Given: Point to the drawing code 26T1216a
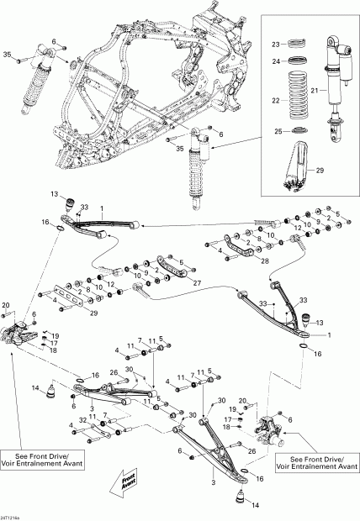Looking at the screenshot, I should [13, 515].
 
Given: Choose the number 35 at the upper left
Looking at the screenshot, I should [8, 55].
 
